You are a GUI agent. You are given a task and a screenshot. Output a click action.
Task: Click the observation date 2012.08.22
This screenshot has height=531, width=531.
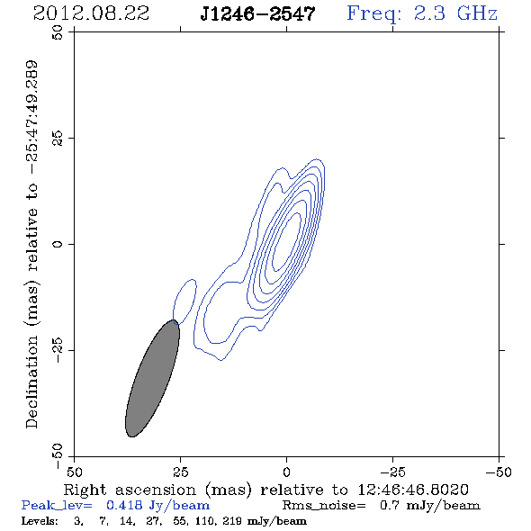91,13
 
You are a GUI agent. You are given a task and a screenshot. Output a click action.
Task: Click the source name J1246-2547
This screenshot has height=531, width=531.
257,14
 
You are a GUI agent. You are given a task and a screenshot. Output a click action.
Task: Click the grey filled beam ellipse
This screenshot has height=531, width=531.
152,378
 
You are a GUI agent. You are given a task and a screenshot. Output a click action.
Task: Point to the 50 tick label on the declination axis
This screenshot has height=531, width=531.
58,32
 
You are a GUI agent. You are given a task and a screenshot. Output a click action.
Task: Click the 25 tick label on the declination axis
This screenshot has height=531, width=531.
58,139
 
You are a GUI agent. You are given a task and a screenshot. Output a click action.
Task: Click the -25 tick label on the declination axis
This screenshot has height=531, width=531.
58,350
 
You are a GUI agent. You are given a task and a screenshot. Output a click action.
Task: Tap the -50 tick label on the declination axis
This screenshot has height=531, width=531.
58,456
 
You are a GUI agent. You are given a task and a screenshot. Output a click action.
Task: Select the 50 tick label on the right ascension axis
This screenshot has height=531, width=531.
74,472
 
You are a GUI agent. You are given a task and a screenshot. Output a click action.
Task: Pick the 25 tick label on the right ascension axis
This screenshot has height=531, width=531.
180,472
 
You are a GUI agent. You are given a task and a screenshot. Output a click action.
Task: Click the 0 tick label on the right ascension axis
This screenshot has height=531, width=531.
286,472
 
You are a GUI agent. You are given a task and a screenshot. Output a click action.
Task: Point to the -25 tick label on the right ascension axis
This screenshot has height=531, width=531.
392,472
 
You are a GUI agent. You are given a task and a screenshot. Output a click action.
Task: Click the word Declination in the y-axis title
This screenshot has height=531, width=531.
31,382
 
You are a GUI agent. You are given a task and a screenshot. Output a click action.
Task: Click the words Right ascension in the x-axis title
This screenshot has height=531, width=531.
130,490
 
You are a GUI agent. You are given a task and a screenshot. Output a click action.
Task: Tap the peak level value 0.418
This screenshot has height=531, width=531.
123,505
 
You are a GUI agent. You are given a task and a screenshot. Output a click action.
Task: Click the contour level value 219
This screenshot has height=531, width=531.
231,520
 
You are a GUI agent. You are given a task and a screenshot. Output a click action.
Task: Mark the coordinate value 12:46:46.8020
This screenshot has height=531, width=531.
413,490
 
